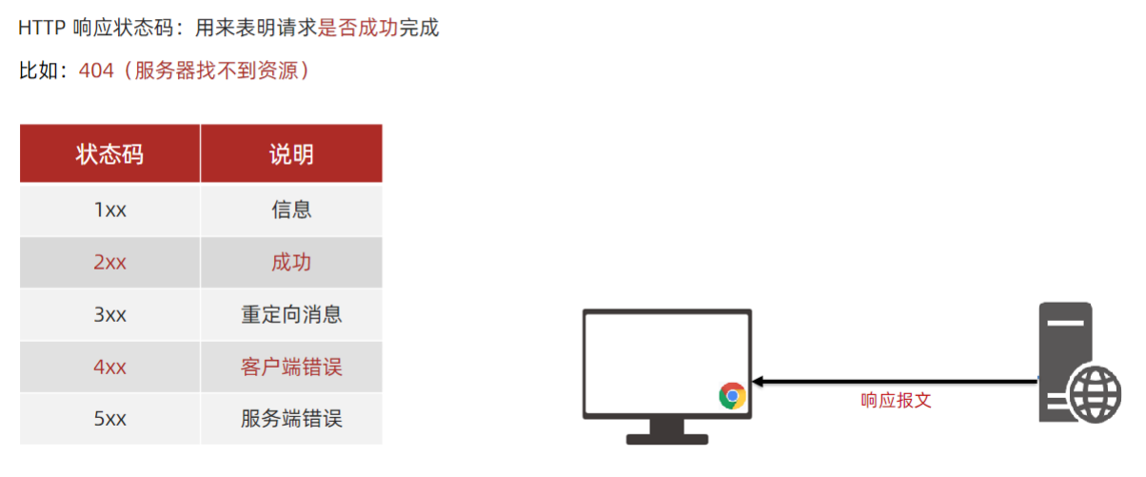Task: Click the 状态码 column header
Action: point(109,154)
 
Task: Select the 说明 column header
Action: point(291,154)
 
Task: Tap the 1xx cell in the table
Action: point(109,210)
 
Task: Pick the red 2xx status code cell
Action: point(109,263)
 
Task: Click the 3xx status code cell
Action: point(109,315)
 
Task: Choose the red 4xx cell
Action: point(109,368)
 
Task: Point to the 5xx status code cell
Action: point(109,419)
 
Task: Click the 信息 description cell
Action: point(291,210)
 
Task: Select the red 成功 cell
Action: point(291,263)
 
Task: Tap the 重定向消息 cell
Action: point(291,315)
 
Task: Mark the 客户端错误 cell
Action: point(291,368)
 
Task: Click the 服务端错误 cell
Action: point(291,419)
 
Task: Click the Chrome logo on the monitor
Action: point(732,395)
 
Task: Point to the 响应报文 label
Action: point(896,401)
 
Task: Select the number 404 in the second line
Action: point(96,71)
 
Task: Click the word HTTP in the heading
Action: point(42,29)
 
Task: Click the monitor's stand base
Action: point(667,439)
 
